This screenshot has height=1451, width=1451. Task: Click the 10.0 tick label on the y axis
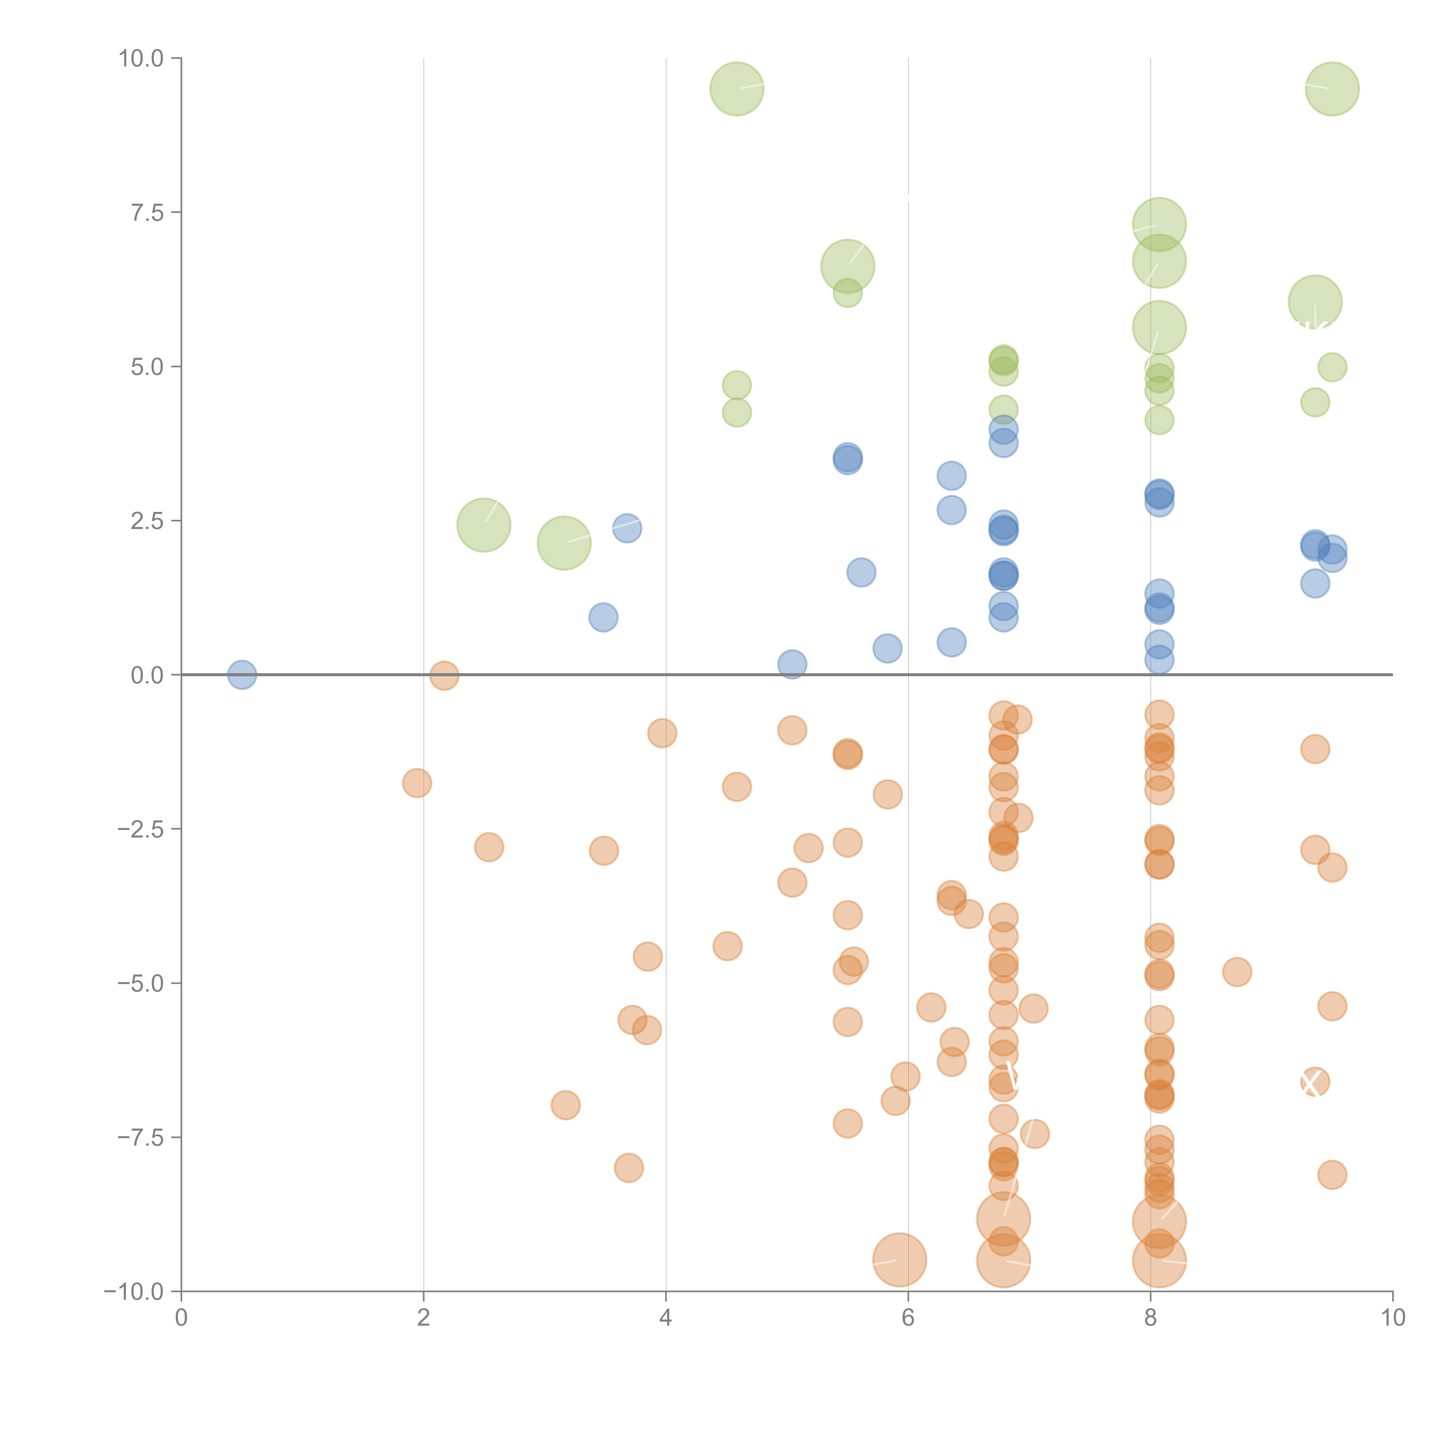[x=141, y=59]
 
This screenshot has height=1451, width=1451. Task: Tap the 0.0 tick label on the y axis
[x=147, y=675]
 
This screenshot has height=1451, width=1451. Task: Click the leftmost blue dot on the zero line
[x=242, y=674]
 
